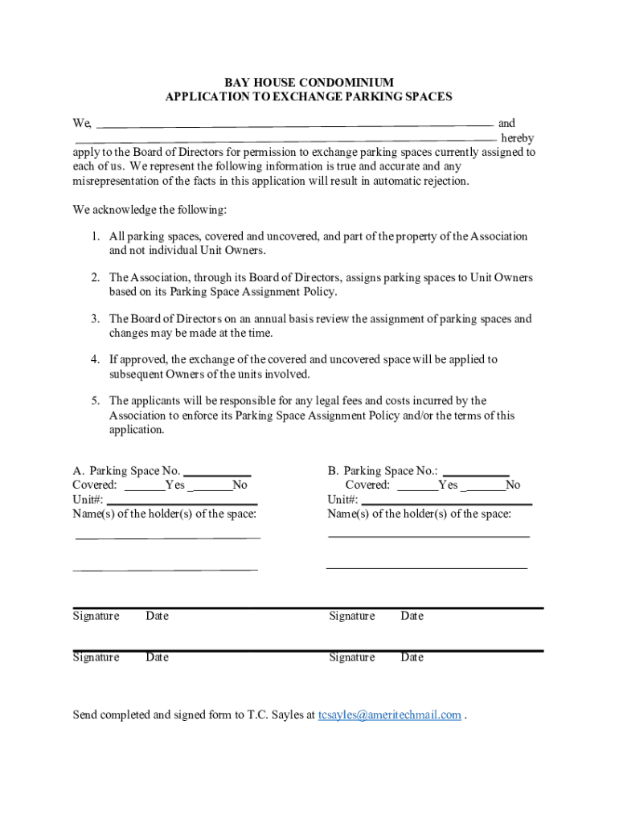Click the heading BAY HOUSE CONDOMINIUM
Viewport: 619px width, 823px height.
click(309, 82)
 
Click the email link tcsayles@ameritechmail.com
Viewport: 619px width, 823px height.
click(389, 714)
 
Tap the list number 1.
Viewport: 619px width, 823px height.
click(95, 236)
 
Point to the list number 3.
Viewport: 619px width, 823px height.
click(95, 319)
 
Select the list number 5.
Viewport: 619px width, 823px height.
click(95, 400)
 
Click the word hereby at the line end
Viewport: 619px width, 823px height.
click(517, 138)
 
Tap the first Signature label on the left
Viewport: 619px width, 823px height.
click(96, 616)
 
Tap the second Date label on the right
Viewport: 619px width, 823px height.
click(412, 657)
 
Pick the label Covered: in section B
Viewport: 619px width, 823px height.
click(367, 485)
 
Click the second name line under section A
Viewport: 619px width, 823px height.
click(165, 568)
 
